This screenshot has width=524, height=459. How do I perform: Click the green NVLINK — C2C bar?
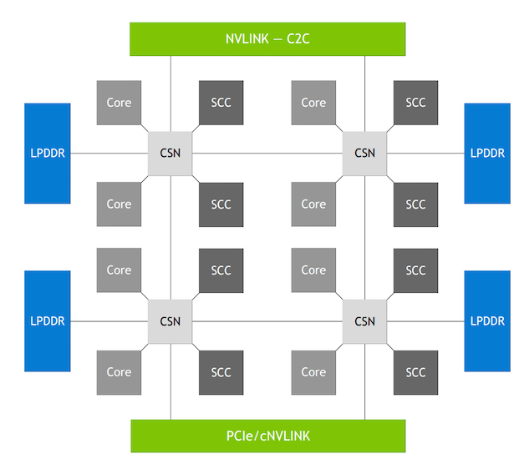point(267,38)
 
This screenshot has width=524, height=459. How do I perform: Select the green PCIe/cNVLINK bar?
point(267,436)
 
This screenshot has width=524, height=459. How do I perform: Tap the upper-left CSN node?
point(170,153)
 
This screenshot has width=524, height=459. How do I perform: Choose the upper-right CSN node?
point(364,153)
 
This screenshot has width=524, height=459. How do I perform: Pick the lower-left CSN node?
point(170,321)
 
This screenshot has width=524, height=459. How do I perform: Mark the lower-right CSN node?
point(364,321)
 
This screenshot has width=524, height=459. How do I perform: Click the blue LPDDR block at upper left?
point(48,153)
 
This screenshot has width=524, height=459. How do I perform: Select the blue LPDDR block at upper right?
point(487,153)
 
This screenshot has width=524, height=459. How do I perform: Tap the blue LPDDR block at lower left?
point(48,321)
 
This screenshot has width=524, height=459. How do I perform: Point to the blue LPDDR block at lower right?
point(487,321)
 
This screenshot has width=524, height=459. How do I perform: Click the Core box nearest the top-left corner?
point(119,103)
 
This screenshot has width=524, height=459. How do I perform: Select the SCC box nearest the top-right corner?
point(415,103)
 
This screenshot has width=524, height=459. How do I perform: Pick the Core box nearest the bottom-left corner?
point(119,371)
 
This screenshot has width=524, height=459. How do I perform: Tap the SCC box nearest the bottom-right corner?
point(415,371)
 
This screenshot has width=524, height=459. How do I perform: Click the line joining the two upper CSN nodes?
point(267,153)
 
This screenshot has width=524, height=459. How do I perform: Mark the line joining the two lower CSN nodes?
point(267,321)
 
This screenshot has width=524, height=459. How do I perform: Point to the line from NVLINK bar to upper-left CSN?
point(170,92)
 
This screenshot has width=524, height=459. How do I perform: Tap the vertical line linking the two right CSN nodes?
point(364,237)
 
